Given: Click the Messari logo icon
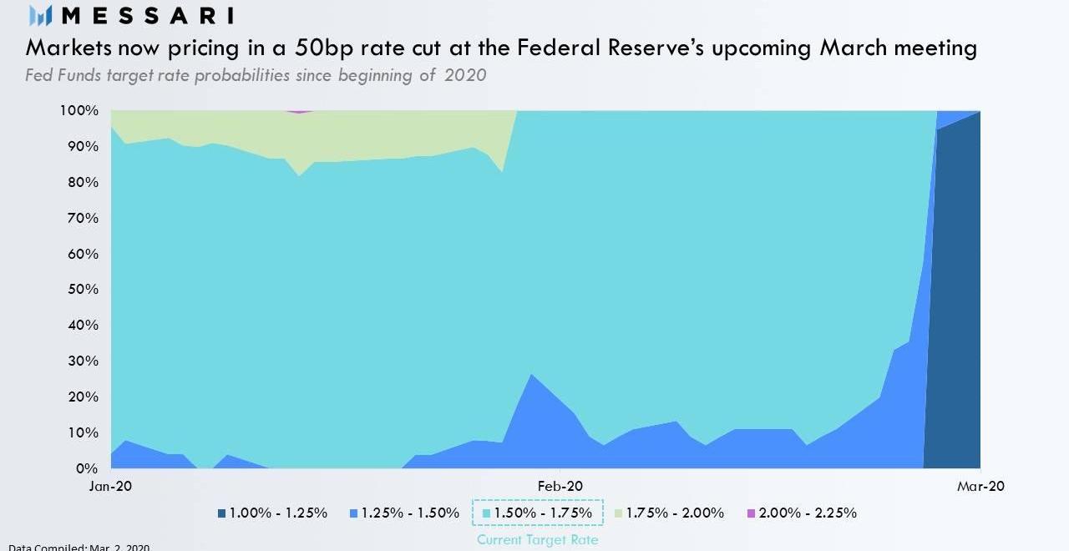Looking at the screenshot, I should [41, 15].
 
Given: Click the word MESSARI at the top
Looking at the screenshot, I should [148, 15].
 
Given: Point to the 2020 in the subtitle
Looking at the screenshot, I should [465, 75].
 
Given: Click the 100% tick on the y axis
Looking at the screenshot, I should [79, 110].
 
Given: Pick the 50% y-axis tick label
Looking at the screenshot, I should [82, 290].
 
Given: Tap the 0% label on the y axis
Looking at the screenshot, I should [87, 468].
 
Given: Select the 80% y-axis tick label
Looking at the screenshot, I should [82, 182].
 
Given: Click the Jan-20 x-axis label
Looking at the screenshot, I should [111, 487].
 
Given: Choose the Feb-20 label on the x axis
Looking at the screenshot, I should [560, 487].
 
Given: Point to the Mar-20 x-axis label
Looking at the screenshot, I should [980, 487].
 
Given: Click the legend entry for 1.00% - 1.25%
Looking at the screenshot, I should [272, 513].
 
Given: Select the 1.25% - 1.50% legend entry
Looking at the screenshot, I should [404, 513].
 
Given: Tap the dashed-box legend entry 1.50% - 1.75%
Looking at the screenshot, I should [537, 513].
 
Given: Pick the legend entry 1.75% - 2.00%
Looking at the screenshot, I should [669, 513].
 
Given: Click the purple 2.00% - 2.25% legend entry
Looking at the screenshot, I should [802, 513].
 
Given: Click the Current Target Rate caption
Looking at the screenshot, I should [537, 540].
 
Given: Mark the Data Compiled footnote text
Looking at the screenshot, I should [79, 547].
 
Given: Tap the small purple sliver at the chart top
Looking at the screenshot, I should [299, 111].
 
